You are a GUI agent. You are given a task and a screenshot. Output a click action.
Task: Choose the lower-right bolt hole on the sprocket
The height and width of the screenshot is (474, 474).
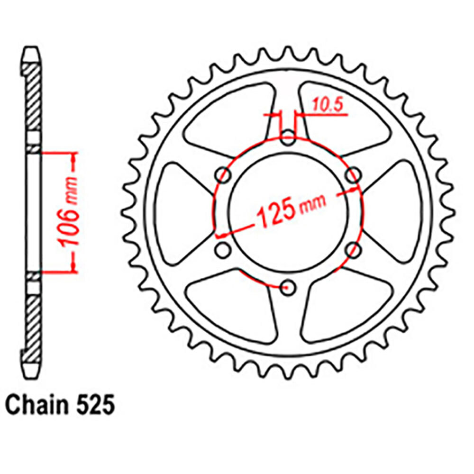[x=351, y=250]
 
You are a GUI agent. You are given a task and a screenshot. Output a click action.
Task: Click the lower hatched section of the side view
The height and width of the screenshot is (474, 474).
[x=33, y=322]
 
